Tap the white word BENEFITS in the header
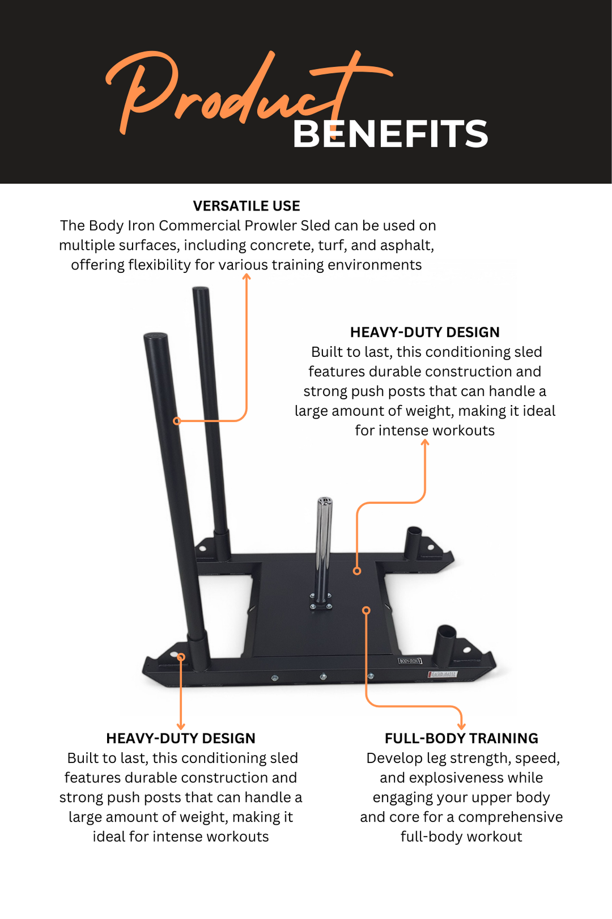pyautogui.click(x=390, y=134)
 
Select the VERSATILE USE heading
pyautogui.click(x=246, y=206)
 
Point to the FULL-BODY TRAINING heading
pyautogui.click(x=461, y=739)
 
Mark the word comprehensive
pyautogui.click(x=511, y=817)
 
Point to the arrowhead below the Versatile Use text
pyautogui.click(x=246, y=276)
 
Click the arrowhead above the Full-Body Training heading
pyautogui.click(x=462, y=726)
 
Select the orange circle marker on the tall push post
pyautogui.click(x=177, y=421)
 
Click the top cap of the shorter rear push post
pyautogui.click(x=201, y=290)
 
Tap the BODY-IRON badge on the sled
pyautogui.click(x=410, y=661)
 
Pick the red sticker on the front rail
pyautogui.click(x=443, y=674)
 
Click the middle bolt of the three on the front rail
pyautogui.click(x=324, y=677)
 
